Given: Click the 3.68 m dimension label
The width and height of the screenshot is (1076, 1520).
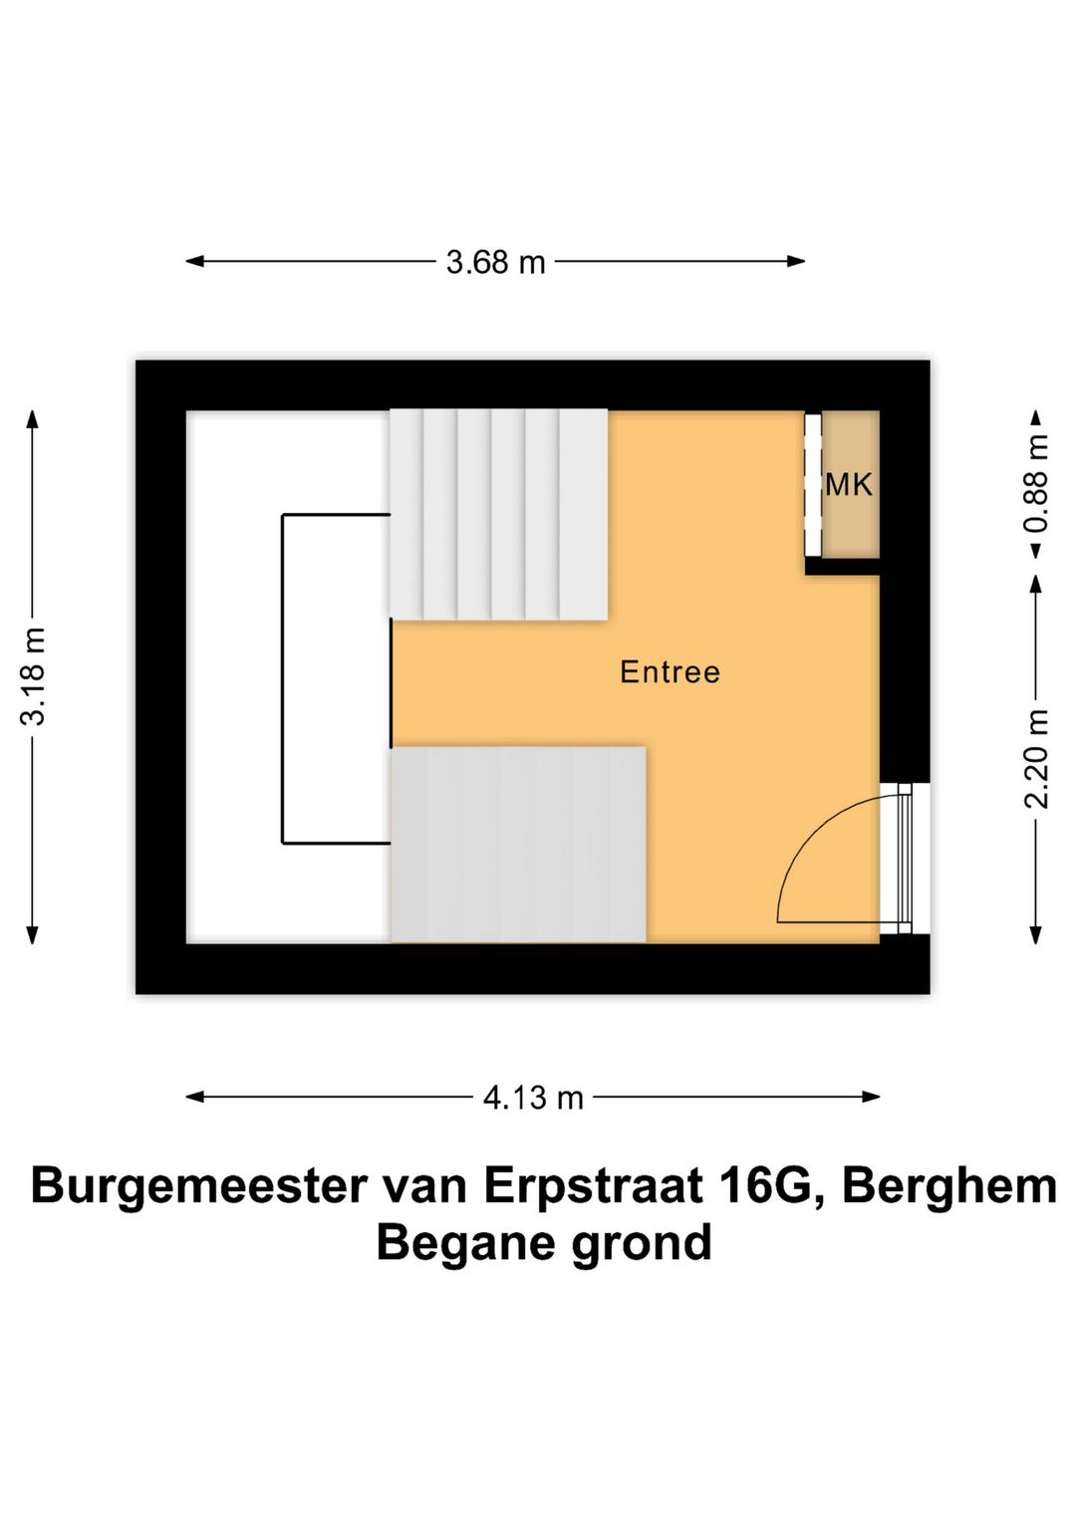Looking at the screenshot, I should coord(495,262).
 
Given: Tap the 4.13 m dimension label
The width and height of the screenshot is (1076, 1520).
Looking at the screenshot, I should coord(533,1098).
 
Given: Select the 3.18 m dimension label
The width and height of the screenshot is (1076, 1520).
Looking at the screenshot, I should coord(33,676).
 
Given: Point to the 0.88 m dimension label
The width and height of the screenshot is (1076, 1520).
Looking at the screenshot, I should coord(1036,483).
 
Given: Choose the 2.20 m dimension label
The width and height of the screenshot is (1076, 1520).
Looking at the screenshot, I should coord(1036,759).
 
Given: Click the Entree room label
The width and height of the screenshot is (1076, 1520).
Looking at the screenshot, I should coord(670,672).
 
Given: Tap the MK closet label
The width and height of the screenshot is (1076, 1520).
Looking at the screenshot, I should coord(849,485).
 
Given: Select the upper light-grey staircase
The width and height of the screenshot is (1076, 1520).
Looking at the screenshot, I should coord(498,514).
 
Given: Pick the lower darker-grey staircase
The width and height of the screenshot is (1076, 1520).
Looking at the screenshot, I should coord(518,844).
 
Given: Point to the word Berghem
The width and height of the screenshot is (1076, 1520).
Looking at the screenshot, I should coord(948,1185).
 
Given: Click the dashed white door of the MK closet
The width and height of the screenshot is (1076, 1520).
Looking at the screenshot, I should coord(813,485).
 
